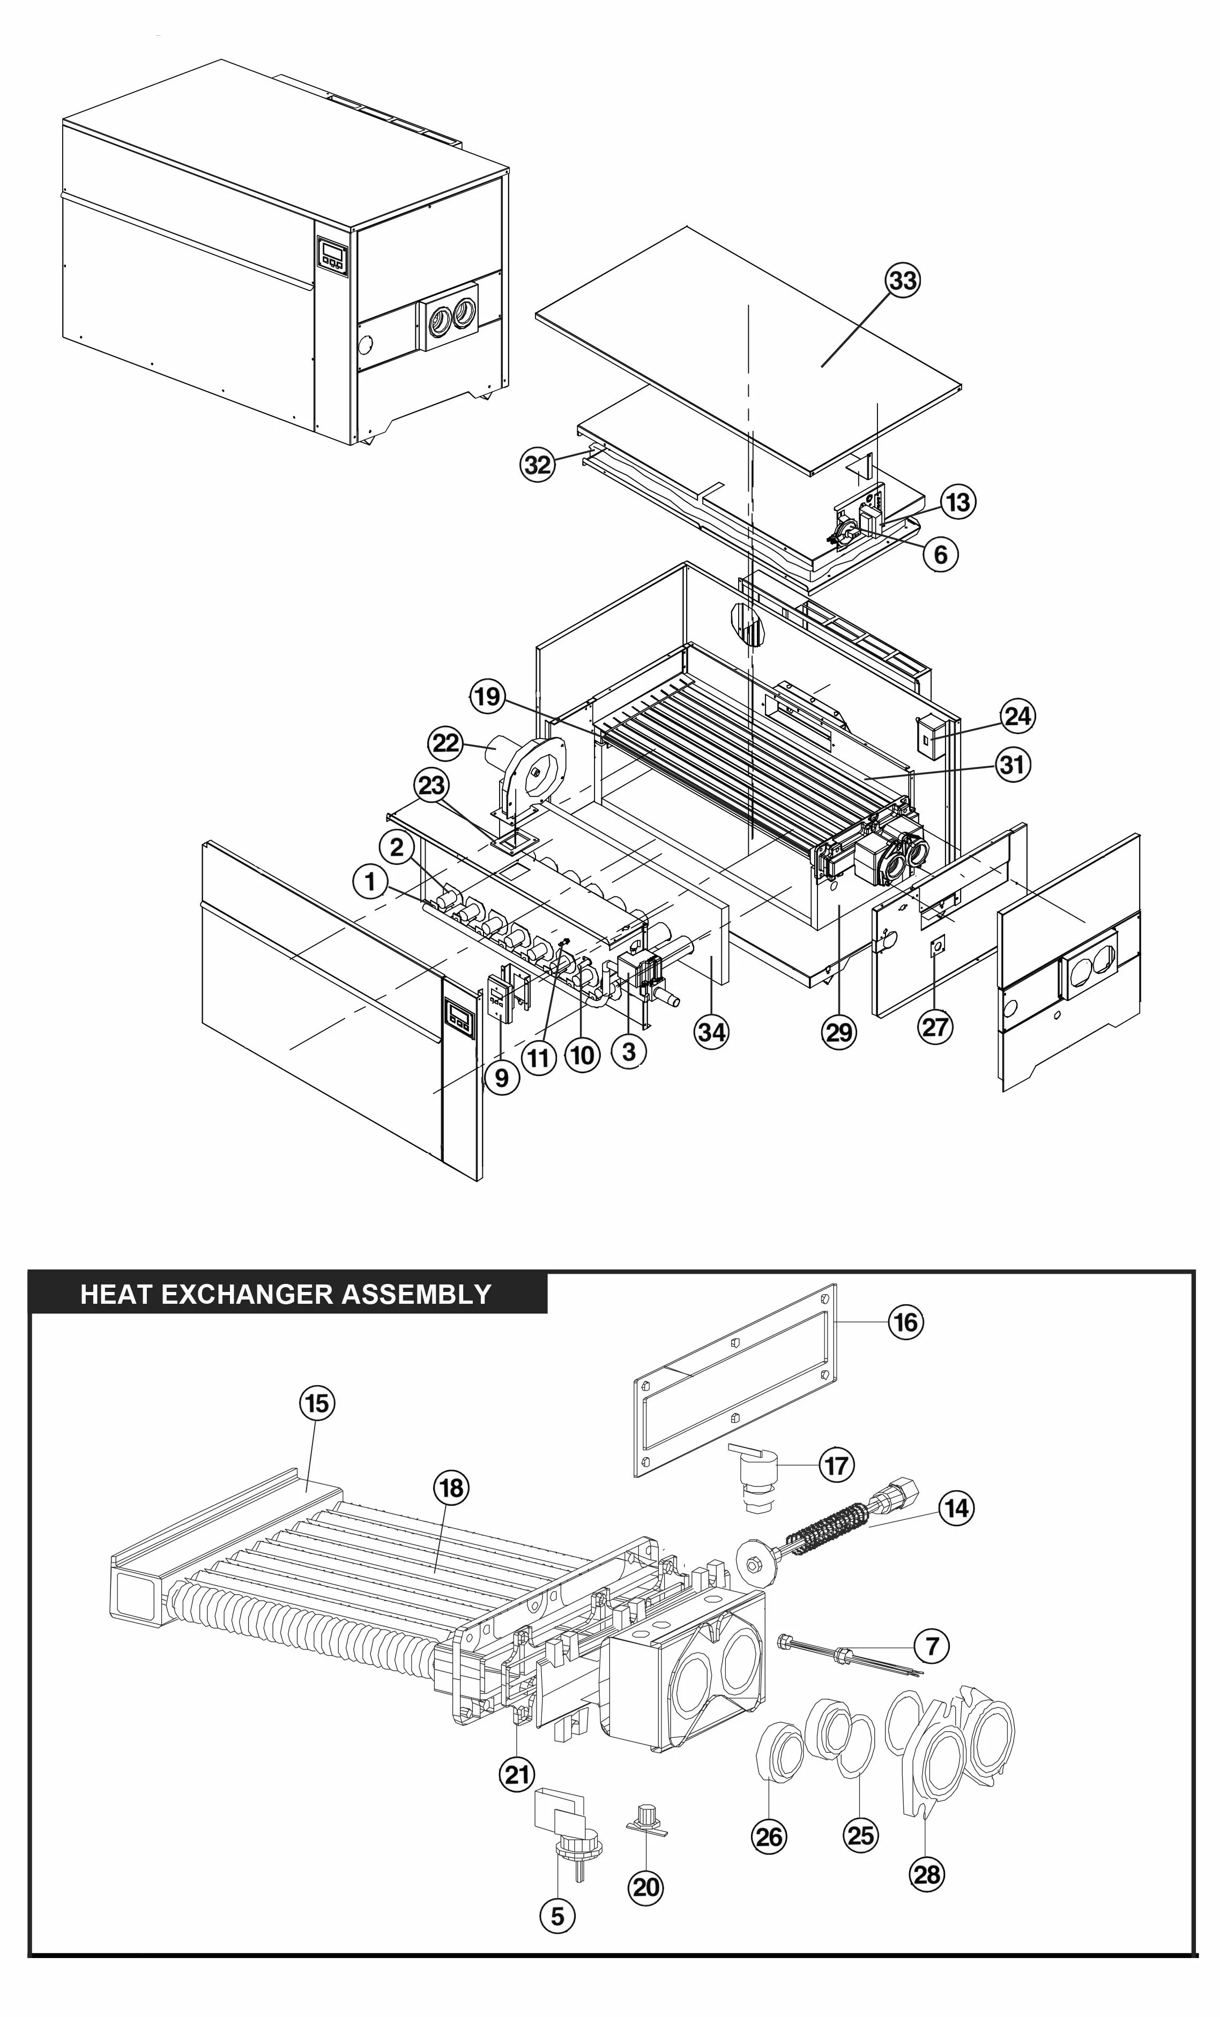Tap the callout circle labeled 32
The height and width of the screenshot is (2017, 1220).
(538, 465)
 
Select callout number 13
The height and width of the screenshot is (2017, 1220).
(958, 502)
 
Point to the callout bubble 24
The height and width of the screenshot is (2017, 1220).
(1018, 716)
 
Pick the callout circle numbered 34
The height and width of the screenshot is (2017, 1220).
(711, 1032)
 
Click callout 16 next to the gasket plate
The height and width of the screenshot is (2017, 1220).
(905, 1322)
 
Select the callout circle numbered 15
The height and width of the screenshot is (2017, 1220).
(317, 1403)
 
